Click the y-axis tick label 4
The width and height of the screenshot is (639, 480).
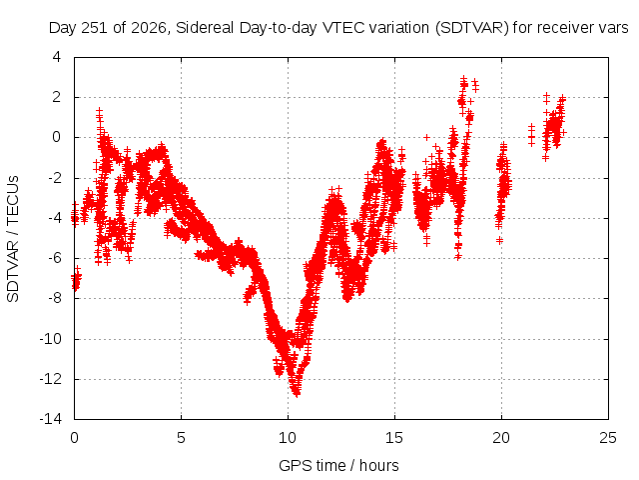point(57,57)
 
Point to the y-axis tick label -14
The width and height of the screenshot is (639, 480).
point(50,419)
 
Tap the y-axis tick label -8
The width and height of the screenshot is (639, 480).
point(54,298)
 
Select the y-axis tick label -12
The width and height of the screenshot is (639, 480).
point(50,379)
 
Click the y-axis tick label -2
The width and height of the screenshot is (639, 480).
point(54,178)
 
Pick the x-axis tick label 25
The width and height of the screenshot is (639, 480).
point(608,438)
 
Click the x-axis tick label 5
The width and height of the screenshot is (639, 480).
point(181,438)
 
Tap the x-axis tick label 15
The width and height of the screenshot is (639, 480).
point(394,438)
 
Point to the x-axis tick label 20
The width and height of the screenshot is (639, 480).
point(501,438)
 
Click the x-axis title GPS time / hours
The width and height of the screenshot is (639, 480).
point(338,466)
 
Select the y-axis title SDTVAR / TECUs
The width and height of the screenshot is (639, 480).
point(13,239)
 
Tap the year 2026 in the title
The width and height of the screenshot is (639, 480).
point(149,28)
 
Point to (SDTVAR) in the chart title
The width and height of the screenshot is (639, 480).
point(472,28)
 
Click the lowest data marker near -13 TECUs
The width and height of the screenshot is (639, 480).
point(297,393)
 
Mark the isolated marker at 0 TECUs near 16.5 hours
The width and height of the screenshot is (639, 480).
point(426,138)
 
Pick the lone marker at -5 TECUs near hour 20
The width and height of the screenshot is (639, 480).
point(499,240)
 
